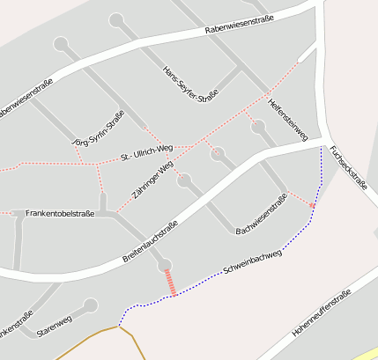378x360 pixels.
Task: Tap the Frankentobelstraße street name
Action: [60, 213]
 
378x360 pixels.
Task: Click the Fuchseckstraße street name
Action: [347, 166]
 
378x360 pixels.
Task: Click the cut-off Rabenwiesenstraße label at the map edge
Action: [26, 99]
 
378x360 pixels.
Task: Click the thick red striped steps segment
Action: [169, 283]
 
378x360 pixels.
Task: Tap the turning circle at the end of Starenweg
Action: [90, 305]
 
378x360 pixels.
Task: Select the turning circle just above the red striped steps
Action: [164, 264]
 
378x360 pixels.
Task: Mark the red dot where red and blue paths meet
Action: [312, 205]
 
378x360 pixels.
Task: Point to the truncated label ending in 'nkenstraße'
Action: [16, 322]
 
